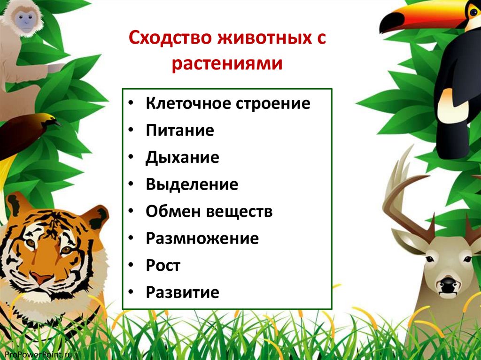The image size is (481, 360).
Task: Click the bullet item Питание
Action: click(179, 130)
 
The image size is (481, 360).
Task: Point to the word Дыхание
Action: click(182, 157)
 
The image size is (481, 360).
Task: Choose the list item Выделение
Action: click(192, 184)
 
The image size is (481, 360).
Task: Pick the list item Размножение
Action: click(202, 238)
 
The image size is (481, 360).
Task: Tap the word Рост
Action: click(163, 265)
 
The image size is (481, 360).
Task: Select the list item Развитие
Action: click(182, 292)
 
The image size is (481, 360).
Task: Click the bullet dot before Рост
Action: click(132, 266)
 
